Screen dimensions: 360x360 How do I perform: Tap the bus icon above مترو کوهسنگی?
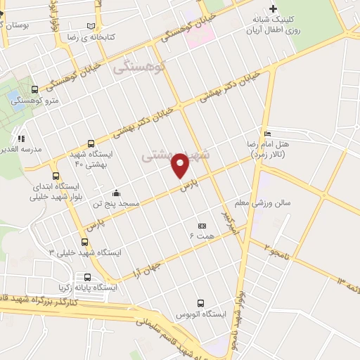point(34,89)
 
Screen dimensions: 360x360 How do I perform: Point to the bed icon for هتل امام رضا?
point(266,134)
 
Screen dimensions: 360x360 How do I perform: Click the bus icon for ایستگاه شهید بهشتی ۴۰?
point(89,143)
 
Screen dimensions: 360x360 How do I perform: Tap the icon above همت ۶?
point(202,226)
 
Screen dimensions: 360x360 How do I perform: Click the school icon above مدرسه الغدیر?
point(21,139)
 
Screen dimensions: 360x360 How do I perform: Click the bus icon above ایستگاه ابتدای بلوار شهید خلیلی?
point(56,176)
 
